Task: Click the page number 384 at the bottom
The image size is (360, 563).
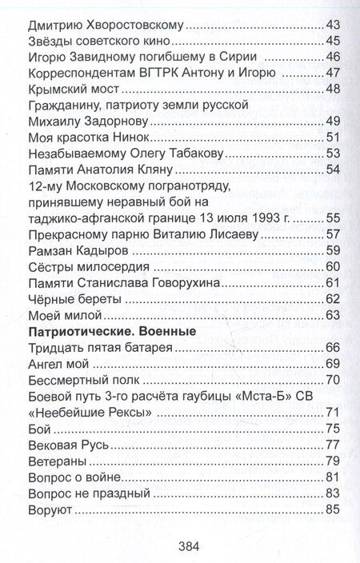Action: [x=186, y=547]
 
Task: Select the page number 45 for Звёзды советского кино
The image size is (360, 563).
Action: [x=336, y=40]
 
